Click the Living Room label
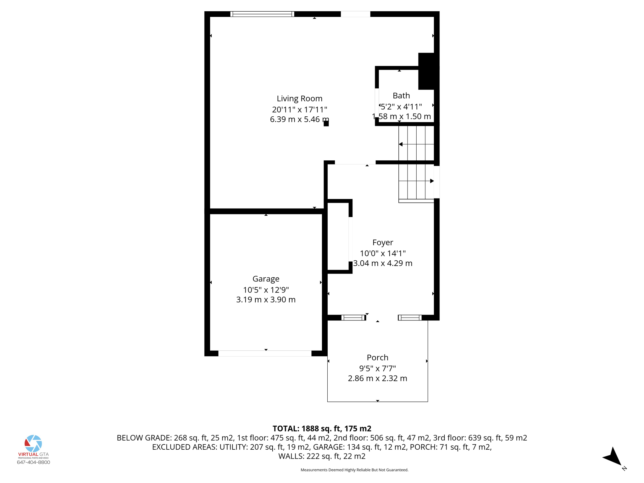(299, 98)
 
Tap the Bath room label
(401, 96)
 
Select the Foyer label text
(383, 242)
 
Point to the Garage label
(266, 279)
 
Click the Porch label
(377, 358)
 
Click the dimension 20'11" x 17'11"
(299, 109)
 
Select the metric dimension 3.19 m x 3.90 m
(266, 300)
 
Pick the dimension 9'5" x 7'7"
(377, 368)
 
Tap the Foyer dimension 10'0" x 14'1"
(383, 253)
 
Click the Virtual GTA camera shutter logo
(33, 443)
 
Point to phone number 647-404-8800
(33, 462)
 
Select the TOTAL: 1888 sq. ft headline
(322, 429)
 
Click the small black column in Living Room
(326, 123)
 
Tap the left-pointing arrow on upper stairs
(401, 144)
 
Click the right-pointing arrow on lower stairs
(432, 181)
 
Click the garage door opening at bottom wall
(265, 353)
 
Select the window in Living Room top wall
(262, 14)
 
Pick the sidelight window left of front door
(353, 318)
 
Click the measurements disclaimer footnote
(354, 470)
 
